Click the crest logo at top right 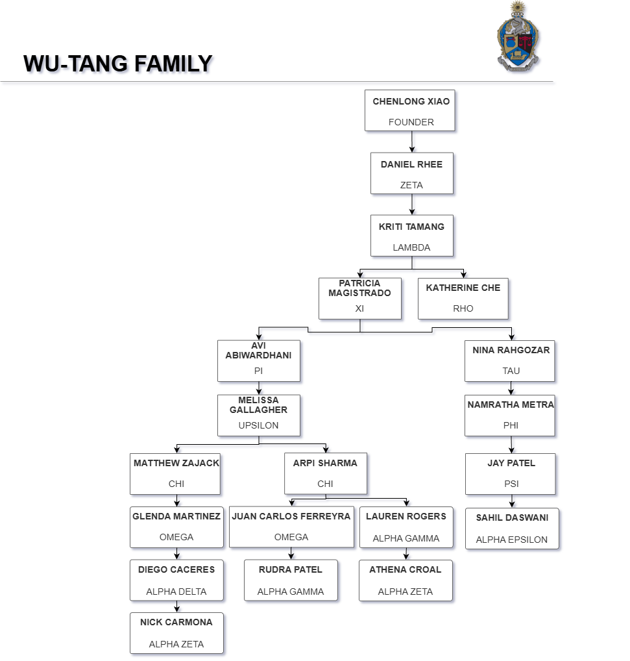tap(517, 35)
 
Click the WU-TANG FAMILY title tap(118, 64)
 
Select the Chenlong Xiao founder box tap(410, 110)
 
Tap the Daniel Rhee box tap(411, 173)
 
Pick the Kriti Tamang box tap(411, 236)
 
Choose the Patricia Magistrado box tap(359, 299)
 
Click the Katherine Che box tap(463, 299)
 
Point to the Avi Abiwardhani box tap(258, 360)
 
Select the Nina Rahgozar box tap(510, 360)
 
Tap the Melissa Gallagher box tap(258, 415)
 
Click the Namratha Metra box tap(510, 415)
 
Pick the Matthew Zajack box tap(176, 473)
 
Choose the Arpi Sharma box tap(325, 473)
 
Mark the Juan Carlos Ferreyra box tap(291, 527)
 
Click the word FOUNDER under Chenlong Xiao tap(411, 122)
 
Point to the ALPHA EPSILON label tap(511, 540)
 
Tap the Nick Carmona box tap(176, 632)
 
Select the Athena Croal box tap(405, 580)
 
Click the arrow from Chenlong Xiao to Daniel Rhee tap(411, 142)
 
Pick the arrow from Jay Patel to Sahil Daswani tap(511, 501)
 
